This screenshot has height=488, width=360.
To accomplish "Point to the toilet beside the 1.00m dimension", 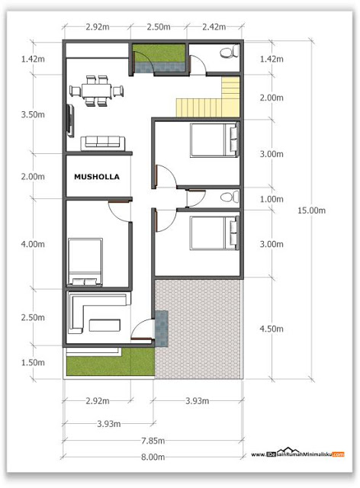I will point(227,198).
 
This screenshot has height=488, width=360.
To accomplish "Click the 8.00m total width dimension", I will point(153,457).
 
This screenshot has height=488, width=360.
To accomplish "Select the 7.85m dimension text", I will point(153,439).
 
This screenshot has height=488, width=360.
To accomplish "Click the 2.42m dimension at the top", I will point(214,27).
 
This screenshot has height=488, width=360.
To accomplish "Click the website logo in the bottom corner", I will point(297,454).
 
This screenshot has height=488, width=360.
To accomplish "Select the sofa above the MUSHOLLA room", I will point(103,141).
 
